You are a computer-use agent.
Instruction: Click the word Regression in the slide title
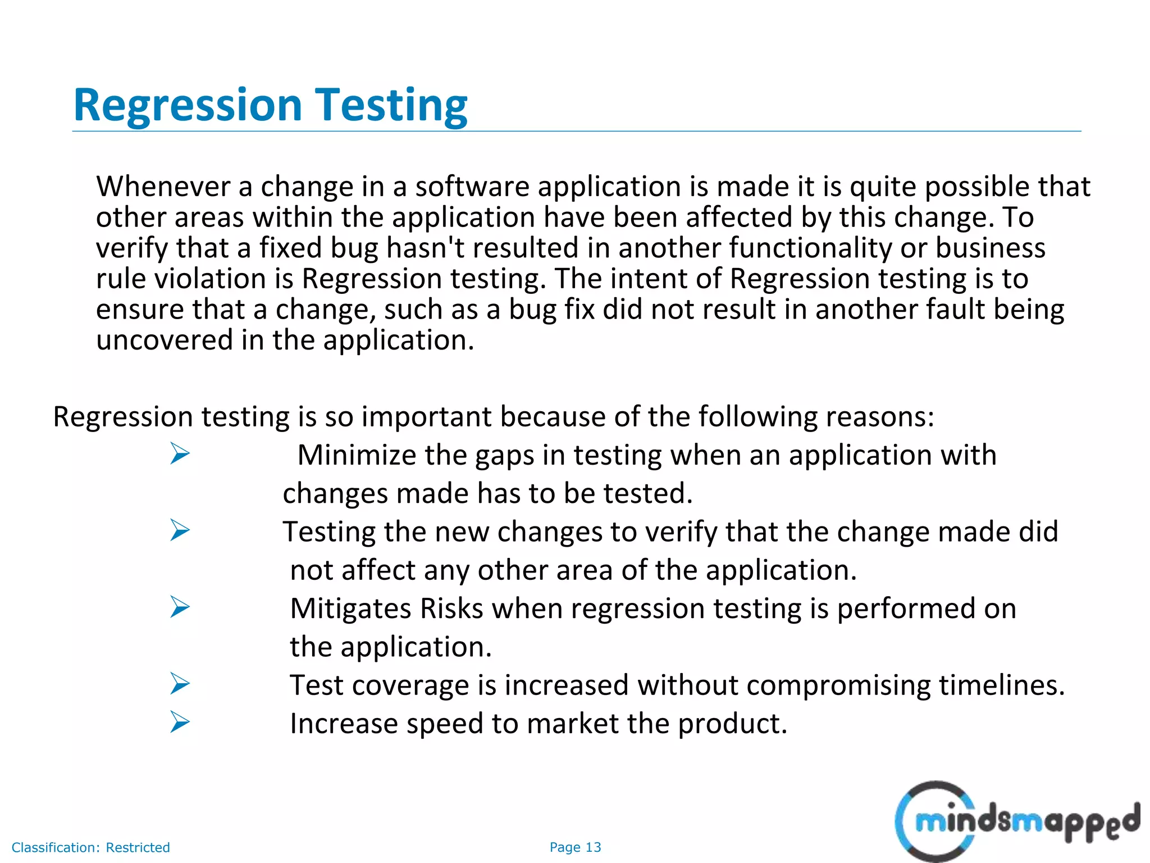[x=188, y=106]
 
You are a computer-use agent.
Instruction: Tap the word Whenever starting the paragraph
[x=163, y=187]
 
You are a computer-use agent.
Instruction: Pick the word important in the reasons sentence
[x=426, y=417]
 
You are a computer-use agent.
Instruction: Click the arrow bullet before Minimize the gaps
[x=180, y=453]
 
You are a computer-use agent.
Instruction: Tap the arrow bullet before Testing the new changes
[x=180, y=530]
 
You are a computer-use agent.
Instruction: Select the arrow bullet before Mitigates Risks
[x=180, y=607]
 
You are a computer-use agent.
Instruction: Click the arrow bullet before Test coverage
[x=180, y=684]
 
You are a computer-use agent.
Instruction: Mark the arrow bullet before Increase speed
[x=180, y=722]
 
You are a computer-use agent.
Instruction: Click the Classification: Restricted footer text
[x=90, y=847]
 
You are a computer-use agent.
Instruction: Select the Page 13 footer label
[x=575, y=847]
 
